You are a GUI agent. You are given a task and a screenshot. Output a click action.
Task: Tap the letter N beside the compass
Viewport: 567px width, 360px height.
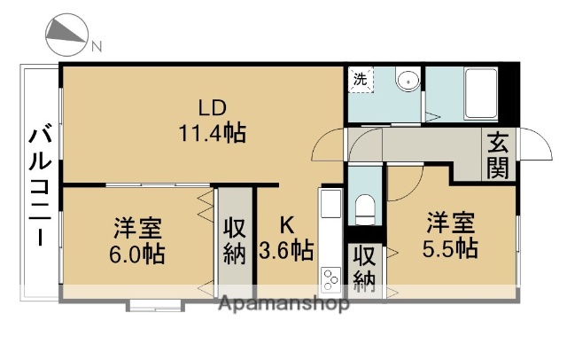click(x=97, y=45)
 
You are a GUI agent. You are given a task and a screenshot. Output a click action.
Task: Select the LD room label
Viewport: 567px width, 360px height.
click(x=212, y=109)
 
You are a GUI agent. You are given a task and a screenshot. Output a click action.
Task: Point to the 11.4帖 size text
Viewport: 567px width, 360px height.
click(x=212, y=134)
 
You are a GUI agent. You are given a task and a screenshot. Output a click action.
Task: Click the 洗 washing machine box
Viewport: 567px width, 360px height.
click(x=361, y=79)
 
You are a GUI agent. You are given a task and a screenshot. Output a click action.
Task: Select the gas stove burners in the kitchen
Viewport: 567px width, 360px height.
click(x=330, y=278)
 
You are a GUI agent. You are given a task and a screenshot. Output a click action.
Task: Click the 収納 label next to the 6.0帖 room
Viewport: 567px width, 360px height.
click(x=234, y=239)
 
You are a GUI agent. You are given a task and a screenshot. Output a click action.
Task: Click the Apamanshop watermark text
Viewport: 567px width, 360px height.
click(x=283, y=305)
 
